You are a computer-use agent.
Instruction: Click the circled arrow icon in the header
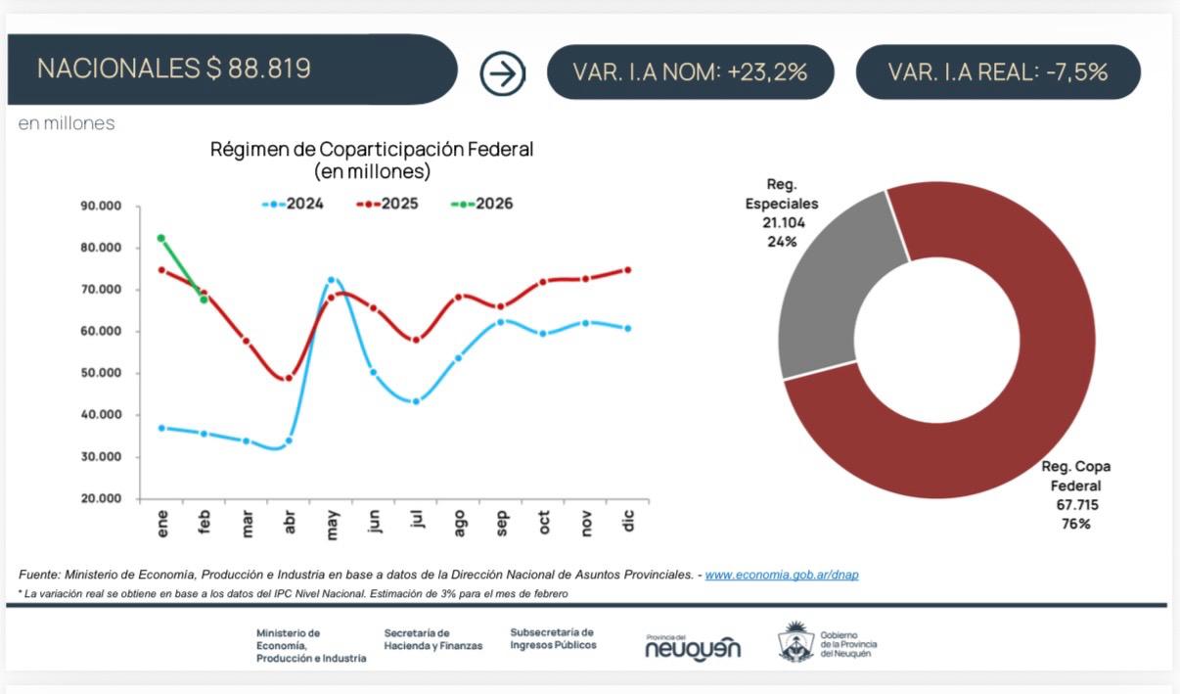point(503,72)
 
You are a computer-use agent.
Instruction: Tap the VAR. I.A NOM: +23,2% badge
point(690,71)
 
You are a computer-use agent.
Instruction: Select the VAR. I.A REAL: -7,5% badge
point(997,71)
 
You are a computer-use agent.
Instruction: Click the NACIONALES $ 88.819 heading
point(174,69)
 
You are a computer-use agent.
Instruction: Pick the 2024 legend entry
point(294,204)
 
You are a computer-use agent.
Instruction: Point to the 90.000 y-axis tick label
point(101,207)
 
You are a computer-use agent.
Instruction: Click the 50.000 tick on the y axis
point(101,373)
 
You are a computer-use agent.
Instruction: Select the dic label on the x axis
point(628,522)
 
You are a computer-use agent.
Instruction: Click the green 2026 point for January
point(161,238)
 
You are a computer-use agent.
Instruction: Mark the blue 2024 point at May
point(331,281)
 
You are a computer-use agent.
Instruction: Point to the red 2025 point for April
point(288,378)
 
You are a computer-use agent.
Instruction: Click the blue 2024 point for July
point(416,401)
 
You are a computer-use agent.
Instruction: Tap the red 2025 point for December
point(628,270)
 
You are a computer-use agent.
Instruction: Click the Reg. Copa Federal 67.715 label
point(1076,494)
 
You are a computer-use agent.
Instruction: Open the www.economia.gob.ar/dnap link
point(782,575)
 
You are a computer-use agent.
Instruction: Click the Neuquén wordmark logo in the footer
point(693,647)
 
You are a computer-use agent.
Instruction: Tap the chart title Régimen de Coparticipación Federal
point(372,150)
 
